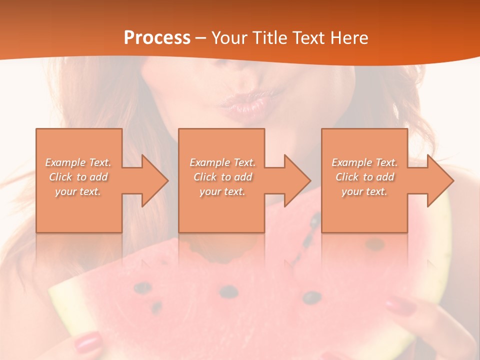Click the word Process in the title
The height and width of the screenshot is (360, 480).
click(157, 38)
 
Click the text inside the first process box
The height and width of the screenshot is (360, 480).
click(78, 177)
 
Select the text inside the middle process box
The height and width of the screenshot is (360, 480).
click(222, 177)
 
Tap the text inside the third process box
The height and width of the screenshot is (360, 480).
click(364, 177)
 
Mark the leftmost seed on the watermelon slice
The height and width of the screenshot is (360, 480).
click(143, 288)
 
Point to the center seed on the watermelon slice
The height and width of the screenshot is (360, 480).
click(228, 291)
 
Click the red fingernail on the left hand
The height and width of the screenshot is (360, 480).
click(88, 343)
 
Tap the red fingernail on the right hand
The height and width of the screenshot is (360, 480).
click(400, 304)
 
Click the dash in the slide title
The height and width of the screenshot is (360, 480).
click(201, 38)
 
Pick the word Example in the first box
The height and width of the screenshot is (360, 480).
click(65, 162)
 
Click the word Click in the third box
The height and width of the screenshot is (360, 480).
click(347, 177)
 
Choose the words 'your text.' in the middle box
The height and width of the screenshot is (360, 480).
click(222, 191)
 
